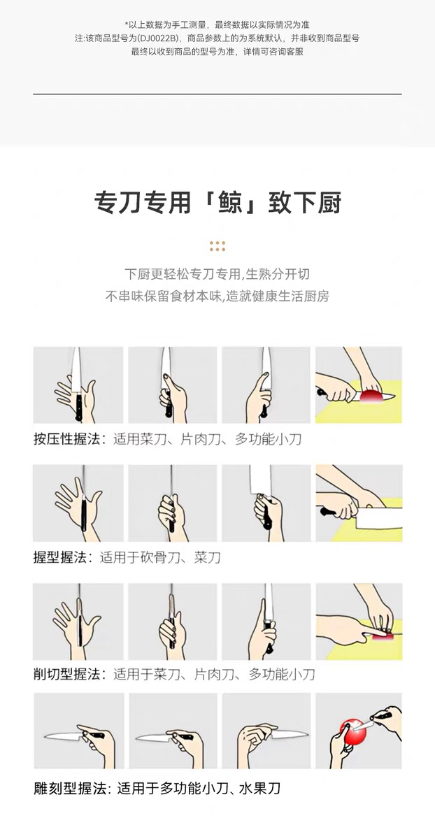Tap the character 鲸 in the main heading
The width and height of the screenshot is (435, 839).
tap(229, 203)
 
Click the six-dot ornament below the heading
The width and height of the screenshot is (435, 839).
tap(217, 246)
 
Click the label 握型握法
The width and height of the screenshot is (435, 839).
tap(60, 557)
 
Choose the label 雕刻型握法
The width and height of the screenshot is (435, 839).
tap(66, 789)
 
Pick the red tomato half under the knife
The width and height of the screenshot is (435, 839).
tap(371, 396)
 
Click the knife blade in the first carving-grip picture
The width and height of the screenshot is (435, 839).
tap(62, 736)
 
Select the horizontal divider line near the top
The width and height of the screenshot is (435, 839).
tap(217, 94)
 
